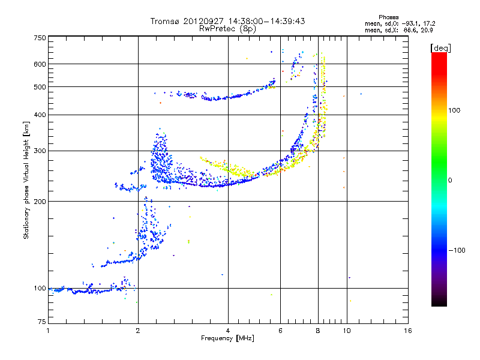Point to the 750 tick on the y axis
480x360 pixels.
(40, 38)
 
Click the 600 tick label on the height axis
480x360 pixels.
(40, 64)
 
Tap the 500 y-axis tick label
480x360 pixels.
(40, 87)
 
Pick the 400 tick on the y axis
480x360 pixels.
(40, 115)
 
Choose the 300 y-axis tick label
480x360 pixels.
(40, 151)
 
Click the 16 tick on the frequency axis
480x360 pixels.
(407, 331)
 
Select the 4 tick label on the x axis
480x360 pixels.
(228, 331)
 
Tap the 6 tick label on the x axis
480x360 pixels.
(281, 331)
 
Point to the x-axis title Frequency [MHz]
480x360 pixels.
(227, 339)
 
